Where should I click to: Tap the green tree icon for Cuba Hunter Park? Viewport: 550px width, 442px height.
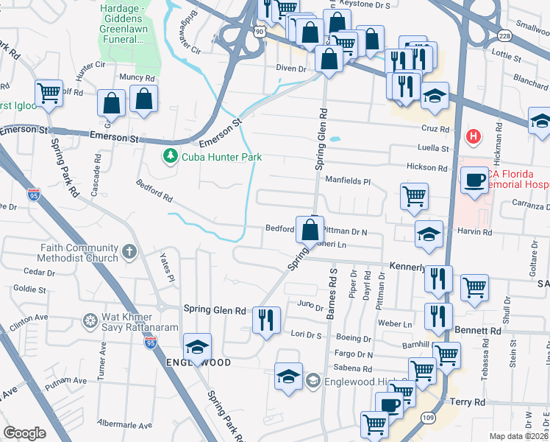[x=171, y=156]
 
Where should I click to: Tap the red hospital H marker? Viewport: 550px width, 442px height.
[x=474, y=136]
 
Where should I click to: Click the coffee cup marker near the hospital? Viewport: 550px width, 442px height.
[x=474, y=178]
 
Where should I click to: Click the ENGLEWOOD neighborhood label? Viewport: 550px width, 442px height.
[x=199, y=362]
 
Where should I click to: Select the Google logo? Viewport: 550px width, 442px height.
[x=25, y=433]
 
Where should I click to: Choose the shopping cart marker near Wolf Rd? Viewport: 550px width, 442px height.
[x=49, y=94]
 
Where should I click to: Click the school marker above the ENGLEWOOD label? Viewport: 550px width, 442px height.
[x=197, y=347]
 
